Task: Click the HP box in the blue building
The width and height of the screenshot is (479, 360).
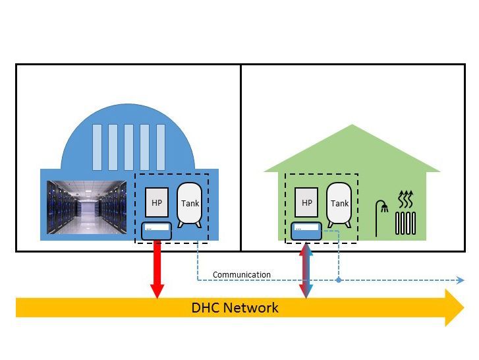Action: tap(157, 202)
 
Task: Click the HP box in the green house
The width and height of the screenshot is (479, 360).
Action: tap(306, 202)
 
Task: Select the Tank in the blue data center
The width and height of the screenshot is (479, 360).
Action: tap(190, 203)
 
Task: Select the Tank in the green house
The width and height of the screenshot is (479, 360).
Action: tap(339, 203)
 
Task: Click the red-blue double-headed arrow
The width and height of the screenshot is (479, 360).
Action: tap(306, 270)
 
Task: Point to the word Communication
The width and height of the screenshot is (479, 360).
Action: tap(241, 274)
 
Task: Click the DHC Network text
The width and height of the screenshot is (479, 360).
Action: tap(235, 307)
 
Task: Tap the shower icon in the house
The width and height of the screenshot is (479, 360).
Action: tap(381, 218)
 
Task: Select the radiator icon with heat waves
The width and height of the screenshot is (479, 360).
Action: tap(406, 214)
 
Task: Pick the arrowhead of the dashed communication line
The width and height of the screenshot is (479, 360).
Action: tap(461, 280)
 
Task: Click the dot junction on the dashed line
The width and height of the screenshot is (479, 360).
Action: tap(339, 280)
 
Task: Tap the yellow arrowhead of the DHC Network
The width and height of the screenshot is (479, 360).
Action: tap(455, 307)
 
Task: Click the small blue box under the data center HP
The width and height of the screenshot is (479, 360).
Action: tap(157, 231)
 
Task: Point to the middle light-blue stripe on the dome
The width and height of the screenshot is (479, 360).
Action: tap(128, 146)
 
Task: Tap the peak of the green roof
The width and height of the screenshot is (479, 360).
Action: tap(352, 126)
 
